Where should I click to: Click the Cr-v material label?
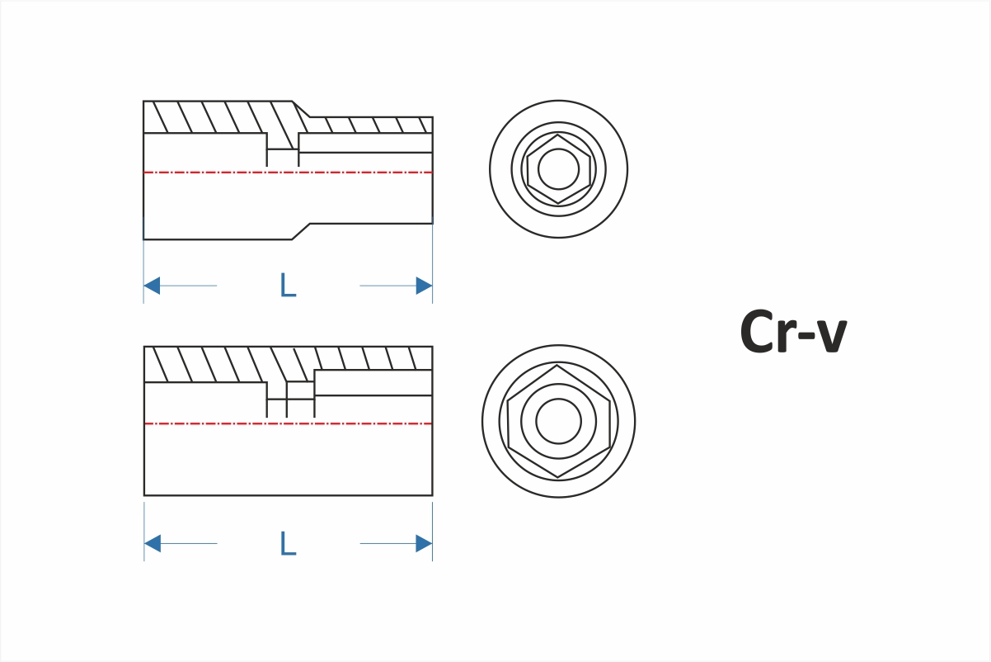click(x=793, y=332)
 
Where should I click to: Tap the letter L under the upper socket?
click(x=288, y=285)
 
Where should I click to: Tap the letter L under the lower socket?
click(x=288, y=543)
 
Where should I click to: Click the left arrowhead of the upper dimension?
click(x=152, y=286)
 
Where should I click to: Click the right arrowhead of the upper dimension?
click(x=424, y=286)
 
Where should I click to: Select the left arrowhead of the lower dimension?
click(x=152, y=543)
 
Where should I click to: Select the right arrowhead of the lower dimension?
click(x=424, y=543)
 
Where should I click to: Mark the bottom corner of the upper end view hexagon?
click(x=558, y=203)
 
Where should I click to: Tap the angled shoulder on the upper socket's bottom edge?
click(x=301, y=231)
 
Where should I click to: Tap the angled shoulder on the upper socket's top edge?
click(x=302, y=109)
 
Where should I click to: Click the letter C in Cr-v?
click(x=758, y=332)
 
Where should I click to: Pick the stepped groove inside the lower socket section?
click(x=290, y=399)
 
